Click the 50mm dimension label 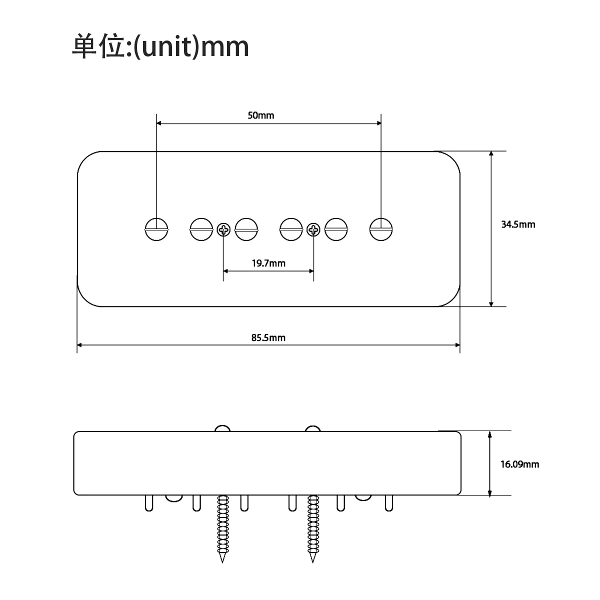tap(261, 115)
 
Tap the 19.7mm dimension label tap(268, 263)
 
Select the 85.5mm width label tap(268, 337)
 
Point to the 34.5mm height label tap(518, 224)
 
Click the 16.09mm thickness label tap(520, 464)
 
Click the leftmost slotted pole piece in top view tap(156, 230)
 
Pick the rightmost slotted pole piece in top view tap(381, 230)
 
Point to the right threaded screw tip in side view tap(313, 555)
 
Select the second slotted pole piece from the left tap(201, 230)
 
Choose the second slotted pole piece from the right tap(336, 230)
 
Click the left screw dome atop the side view tap(222, 429)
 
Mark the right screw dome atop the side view tap(313, 429)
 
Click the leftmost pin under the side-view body tap(149, 503)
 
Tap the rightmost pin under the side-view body tap(388, 503)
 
